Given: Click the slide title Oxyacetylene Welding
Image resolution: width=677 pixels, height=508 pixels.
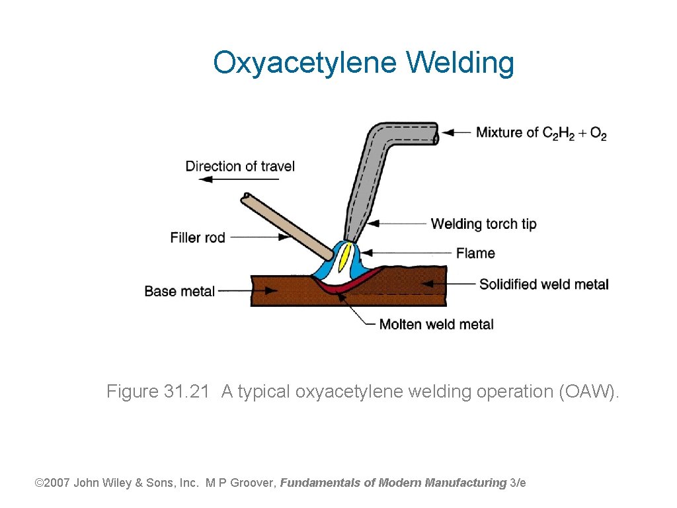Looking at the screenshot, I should coord(363,63).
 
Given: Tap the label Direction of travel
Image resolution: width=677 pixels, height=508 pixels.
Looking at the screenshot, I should coord(240,166).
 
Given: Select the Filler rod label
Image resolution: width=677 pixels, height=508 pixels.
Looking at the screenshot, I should coord(198,237).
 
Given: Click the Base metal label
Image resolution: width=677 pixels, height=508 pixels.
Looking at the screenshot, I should coord(180,291).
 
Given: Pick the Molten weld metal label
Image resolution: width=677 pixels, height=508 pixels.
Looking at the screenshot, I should coord(436,324).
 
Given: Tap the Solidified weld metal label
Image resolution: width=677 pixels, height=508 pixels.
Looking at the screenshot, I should coord(543,284).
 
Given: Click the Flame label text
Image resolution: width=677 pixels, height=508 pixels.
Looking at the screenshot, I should coord(475,253).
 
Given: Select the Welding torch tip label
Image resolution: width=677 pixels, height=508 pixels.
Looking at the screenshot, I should coord(483,224).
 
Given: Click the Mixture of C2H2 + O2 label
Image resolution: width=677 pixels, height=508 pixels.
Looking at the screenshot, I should coord(541,133).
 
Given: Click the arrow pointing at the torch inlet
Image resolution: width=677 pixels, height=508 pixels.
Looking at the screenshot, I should coord(456,132).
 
